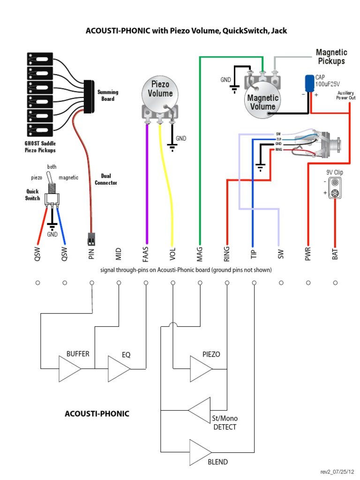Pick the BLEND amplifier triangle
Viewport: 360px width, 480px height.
point(200,451)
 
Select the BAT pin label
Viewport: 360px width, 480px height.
point(335,253)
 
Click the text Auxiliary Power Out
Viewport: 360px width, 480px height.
point(346,96)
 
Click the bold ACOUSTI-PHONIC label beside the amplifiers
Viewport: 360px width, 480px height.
point(97,414)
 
